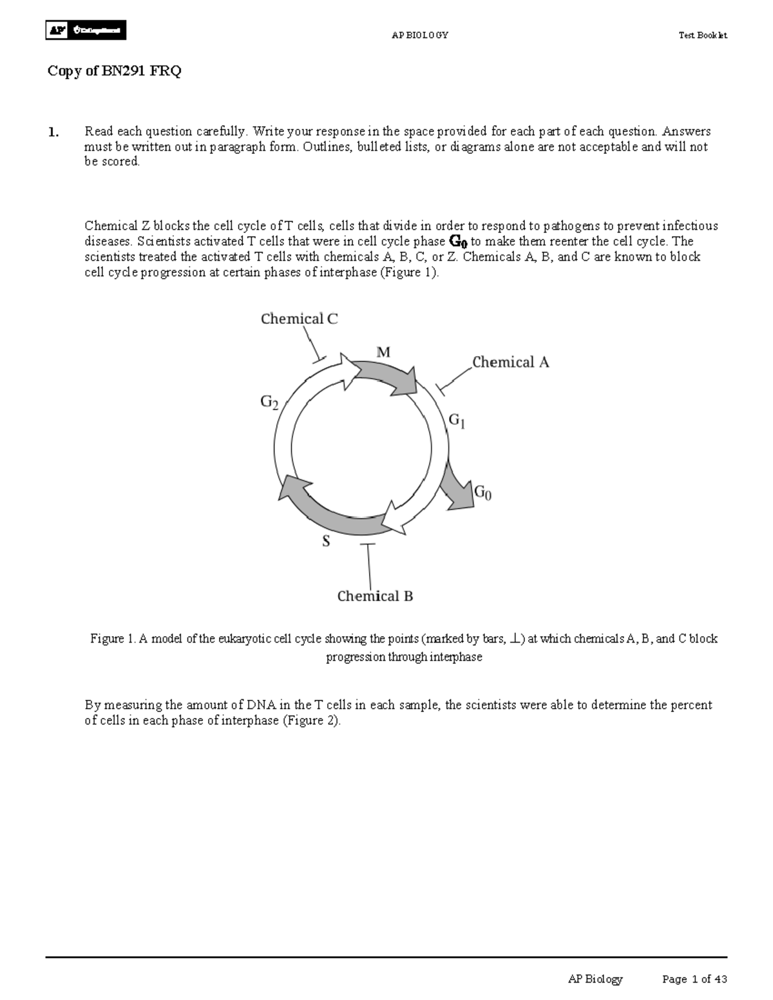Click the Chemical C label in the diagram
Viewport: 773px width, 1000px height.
click(x=299, y=319)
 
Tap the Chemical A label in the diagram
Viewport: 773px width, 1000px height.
click(x=510, y=363)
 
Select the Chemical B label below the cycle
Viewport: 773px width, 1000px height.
click(x=375, y=596)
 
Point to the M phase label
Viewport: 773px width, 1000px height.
click(x=383, y=352)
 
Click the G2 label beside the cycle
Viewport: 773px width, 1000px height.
click(x=269, y=402)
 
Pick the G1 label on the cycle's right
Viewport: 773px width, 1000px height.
click(x=457, y=421)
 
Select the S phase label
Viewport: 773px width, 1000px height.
click(x=326, y=542)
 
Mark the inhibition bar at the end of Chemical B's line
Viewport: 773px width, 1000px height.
click(x=367, y=545)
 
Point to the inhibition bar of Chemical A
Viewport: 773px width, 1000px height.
click(x=441, y=388)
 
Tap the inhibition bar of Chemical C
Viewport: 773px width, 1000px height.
click(x=319, y=358)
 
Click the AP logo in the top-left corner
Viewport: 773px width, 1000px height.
click(x=86, y=30)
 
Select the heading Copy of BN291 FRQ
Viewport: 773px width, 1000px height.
click(x=115, y=71)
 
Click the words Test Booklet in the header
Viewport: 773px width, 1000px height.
click(x=702, y=35)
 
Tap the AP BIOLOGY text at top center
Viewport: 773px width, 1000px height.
click(x=419, y=35)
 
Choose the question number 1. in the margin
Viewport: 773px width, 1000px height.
click(x=53, y=133)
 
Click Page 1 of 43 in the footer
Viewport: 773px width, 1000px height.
click(x=694, y=979)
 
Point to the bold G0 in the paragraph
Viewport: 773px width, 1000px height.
click(x=457, y=242)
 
